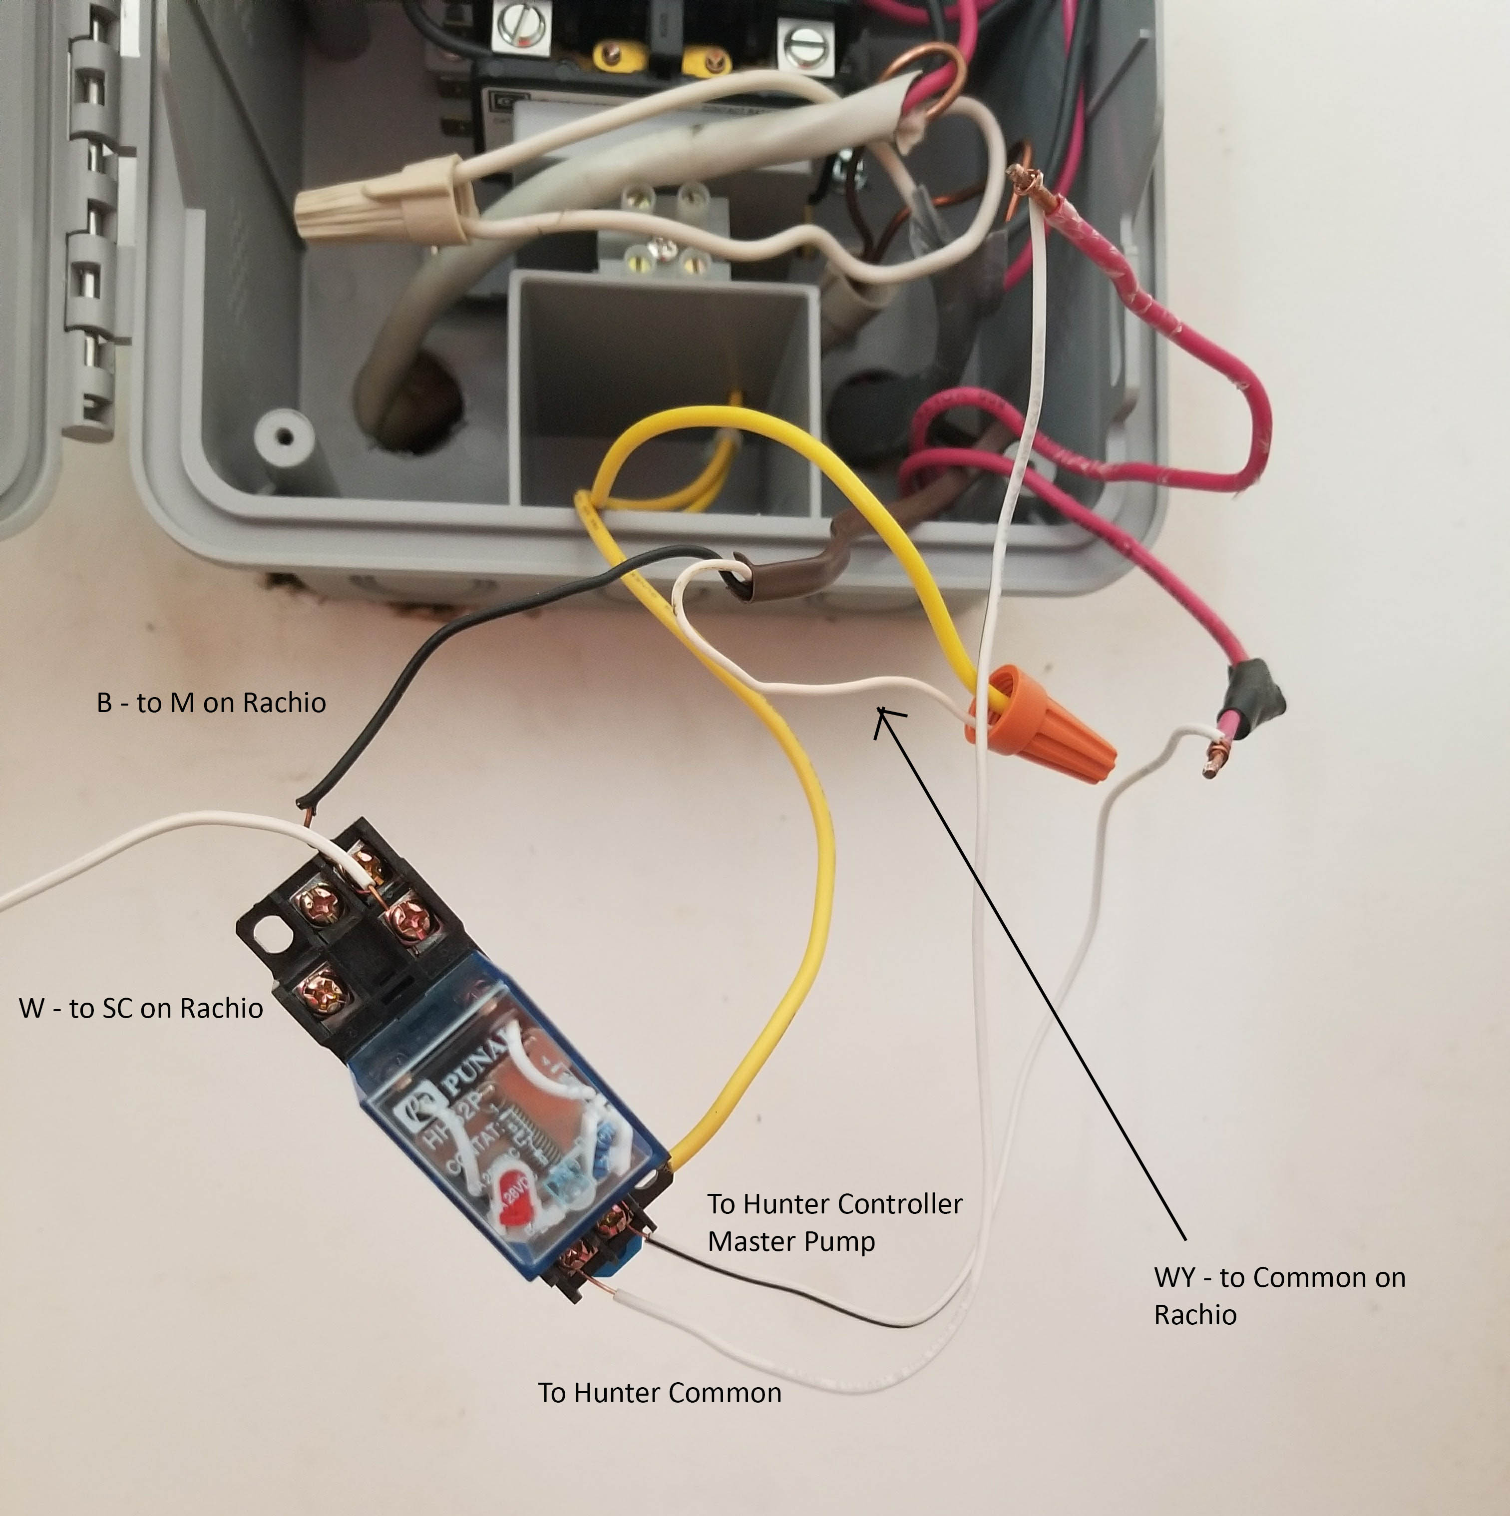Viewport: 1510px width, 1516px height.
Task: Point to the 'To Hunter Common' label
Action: tap(659, 1393)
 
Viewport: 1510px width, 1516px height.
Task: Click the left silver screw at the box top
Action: tap(519, 27)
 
